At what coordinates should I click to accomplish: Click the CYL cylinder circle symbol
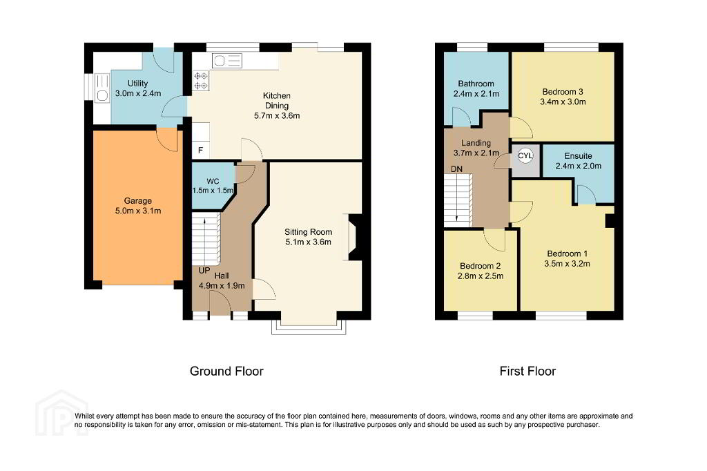[525, 156]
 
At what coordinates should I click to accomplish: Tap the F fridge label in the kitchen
[201, 151]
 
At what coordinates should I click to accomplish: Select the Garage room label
[138, 201]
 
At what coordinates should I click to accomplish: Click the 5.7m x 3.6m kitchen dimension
[277, 115]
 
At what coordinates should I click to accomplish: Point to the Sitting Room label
[309, 232]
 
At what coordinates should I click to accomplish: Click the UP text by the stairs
[204, 271]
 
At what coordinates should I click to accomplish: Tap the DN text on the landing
[456, 169]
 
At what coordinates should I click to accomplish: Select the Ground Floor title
[226, 372]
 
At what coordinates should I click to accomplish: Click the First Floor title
[527, 372]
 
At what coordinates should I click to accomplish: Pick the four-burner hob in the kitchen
[201, 81]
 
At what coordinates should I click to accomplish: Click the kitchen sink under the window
[226, 61]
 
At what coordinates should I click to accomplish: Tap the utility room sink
[102, 88]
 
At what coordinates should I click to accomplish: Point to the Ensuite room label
[578, 155]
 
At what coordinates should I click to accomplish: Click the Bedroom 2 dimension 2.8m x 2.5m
[481, 276]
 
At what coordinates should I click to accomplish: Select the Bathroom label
[476, 84]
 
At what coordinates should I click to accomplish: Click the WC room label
[213, 182]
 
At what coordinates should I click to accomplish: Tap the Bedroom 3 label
[563, 92]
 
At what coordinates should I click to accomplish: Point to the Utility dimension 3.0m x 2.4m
[138, 93]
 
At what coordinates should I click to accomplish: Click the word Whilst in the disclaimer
[84, 416]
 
